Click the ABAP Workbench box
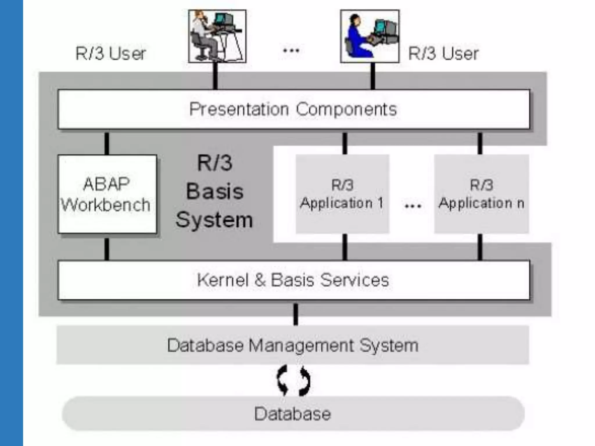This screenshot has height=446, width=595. click(107, 194)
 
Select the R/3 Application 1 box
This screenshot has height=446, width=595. click(342, 194)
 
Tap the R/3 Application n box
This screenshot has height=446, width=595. click(481, 194)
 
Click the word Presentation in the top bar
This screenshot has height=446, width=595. click(239, 109)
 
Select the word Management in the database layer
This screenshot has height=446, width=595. click(301, 346)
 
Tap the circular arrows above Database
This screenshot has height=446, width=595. click(293, 381)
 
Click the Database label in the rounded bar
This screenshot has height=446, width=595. click(293, 414)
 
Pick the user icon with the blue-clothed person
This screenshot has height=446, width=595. click(370, 36)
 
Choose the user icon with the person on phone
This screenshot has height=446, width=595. click(217, 36)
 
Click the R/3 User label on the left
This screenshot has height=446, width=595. click(110, 54)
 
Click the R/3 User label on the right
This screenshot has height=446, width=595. click(443, 54)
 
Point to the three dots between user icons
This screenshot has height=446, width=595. click(291, 51)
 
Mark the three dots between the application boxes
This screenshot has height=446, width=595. click(413, 206)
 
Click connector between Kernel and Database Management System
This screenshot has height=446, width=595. click(296, 314)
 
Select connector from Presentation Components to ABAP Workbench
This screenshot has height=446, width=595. click(107, 143)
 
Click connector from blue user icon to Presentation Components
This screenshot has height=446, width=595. click(373, 76)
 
